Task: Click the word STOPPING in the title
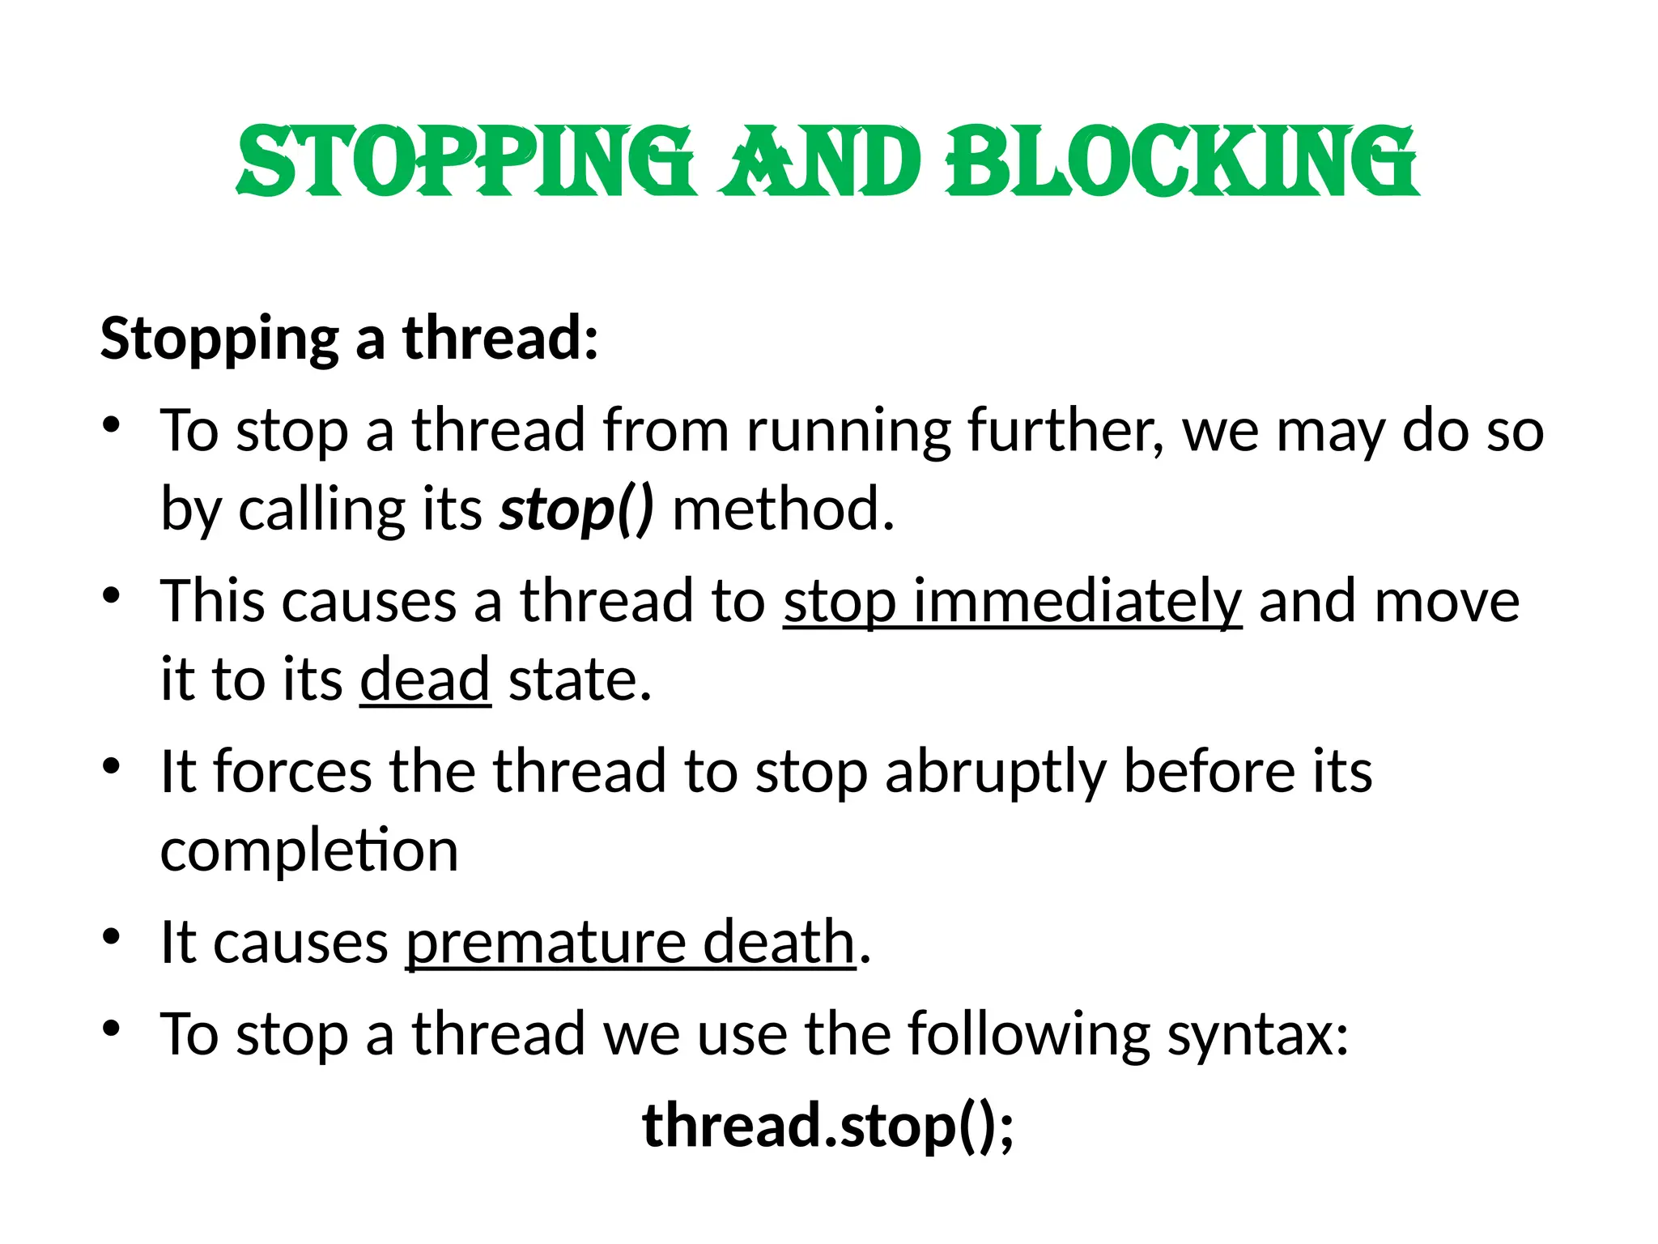(466, 162)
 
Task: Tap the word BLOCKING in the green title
(1181, 162)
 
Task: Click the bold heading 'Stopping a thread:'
(349, 339)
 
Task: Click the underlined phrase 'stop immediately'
(1012, 602)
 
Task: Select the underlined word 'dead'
(425, 680)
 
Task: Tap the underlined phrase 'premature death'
(631, 943)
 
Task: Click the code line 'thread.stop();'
(827, 1127)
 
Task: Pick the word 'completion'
(309, 850)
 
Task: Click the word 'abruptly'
(996, 772)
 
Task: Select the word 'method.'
(784, 510)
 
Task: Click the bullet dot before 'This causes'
(112, 595)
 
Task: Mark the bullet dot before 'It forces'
(112, 765)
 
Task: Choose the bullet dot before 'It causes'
(112, 936)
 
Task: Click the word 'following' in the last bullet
(1028, 1035)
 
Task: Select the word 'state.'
(580, 680)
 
